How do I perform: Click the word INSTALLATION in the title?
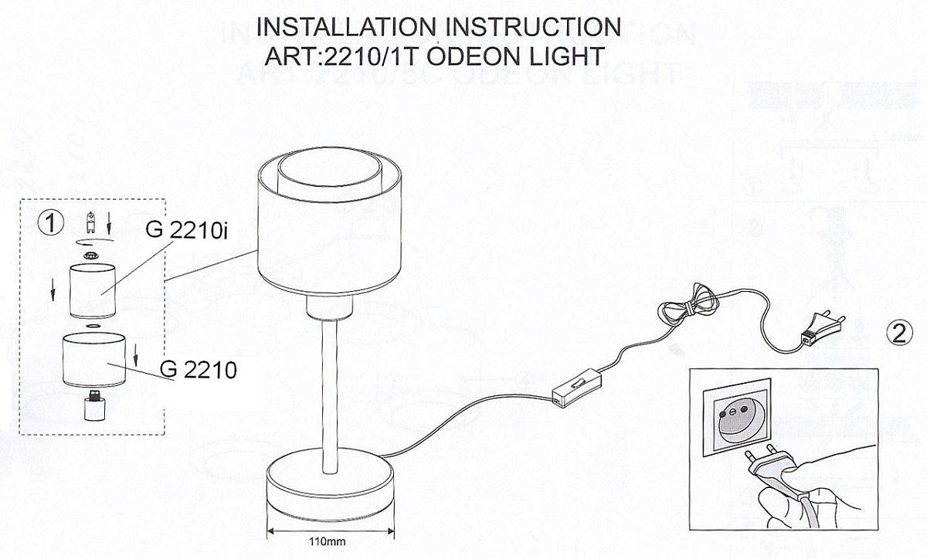(345, 27)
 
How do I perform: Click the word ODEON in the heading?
(474, 56)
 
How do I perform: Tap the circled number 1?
(50, 223)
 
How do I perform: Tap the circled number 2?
(899, 334)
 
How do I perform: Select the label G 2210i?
(187, 230)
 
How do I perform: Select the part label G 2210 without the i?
(199, 370)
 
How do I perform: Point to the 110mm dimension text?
(327, 541)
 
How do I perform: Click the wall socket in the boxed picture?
(736, 418)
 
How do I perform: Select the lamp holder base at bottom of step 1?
(93, 406)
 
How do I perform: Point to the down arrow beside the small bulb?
(109, 223)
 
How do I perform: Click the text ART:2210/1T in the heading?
(341, 56)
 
